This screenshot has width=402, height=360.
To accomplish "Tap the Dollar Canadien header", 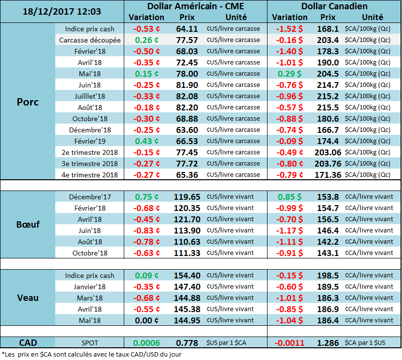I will tap(335, 6).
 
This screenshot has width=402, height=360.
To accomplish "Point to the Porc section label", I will tap(28, 102).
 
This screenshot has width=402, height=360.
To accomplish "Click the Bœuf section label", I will tap(28, 225).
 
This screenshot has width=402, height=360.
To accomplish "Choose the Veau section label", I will tap(28, 297).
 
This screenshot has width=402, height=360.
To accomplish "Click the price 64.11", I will tap(187, 29).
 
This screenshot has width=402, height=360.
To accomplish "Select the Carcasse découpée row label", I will tap(90, 40).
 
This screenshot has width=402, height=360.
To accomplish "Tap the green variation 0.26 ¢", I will tap(146, 40).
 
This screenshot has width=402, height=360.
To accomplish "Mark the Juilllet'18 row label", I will tap(90, 96).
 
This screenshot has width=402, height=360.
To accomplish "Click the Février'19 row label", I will tap(90, 141).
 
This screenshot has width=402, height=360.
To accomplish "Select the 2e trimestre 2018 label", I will tap(90, 152).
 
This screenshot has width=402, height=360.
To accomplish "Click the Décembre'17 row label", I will tap(90, 197).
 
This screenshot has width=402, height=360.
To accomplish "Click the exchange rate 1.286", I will tap(329, 343).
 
